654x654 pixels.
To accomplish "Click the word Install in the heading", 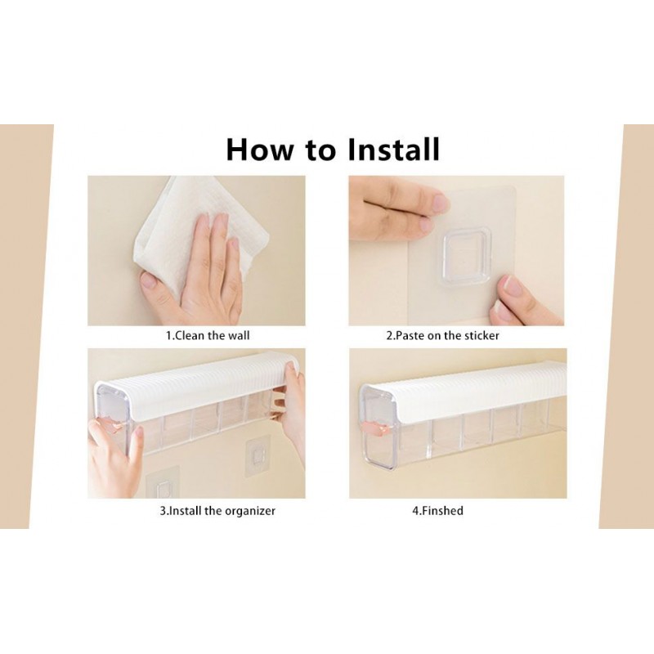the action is pyautogui.click(x=393, y=149).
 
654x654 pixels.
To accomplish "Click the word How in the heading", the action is pyautogui.click(x=259, y=150).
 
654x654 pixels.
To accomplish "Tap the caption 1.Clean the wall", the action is pyautogui.click(x=208, y=335).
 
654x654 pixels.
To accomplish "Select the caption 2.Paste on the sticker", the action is pyautogui.click(x=442, y=335).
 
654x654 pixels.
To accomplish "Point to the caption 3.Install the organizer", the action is pyautogui.click(x=217, y=510).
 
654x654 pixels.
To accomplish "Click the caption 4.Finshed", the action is pyautogui.click(x=437, y=510).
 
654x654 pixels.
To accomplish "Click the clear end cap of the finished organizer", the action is pyautogui.click(x=378, y=430).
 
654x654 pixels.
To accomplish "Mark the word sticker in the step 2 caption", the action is pyautogui.click(x=481, y=335).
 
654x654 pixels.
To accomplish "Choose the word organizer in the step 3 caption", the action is pyautogui.click(x=250, y=512).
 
